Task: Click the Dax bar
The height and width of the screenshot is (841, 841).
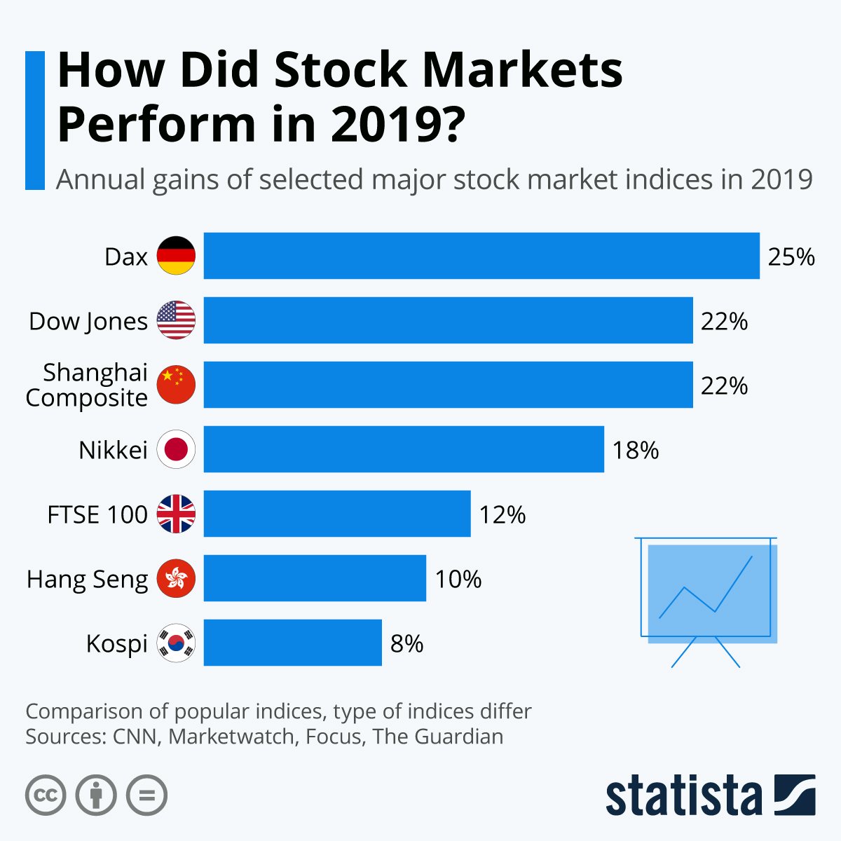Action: click(x=481, y=256)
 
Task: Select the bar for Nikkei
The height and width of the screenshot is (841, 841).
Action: click(x=404, y=449)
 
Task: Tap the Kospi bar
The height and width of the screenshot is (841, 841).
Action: click(x=293, y=643)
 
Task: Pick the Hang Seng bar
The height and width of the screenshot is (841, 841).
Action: click(x=315, y=578)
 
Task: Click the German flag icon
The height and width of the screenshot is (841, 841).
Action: click(x=176, y=256)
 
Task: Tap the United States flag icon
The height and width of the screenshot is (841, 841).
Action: click(x=176, y=320)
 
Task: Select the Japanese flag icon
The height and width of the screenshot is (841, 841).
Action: click(x=176, y=449)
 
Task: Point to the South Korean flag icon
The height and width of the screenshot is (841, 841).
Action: click(x=176, y=643)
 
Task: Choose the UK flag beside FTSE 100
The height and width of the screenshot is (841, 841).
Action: click(x=176, y=514)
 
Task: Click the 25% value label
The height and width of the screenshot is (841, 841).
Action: click(x=791, y=257)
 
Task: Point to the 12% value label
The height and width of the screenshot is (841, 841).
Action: click(x=502, y=515)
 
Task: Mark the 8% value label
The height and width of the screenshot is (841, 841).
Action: click(x=406, y=644)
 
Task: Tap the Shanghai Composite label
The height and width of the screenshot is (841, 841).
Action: click(x=87, y=385)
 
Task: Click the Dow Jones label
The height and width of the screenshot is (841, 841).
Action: click(x=88, y=322)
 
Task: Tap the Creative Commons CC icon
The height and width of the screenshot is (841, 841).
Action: click(x=46, y=795)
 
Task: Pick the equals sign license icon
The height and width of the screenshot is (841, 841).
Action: click(x=146, y=795)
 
